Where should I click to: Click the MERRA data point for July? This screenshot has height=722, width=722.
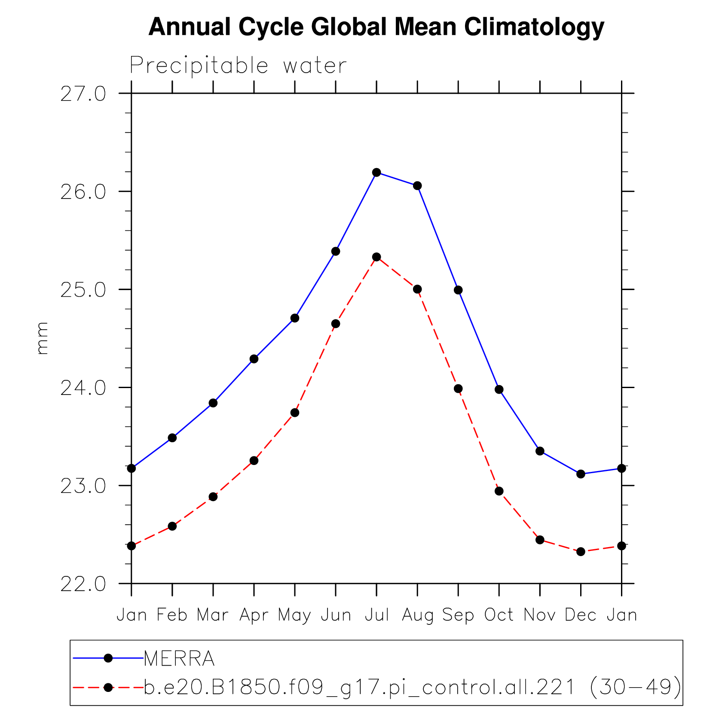[376, 172]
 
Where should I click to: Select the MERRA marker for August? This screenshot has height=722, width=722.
[417, 186]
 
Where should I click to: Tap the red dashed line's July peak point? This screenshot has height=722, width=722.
[376, 257]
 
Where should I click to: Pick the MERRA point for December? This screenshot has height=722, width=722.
[581, 474]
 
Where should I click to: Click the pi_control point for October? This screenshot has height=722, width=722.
[499, 491]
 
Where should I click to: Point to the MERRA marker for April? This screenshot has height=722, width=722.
[254, 359]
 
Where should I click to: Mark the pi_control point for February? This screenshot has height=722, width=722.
[172, 526]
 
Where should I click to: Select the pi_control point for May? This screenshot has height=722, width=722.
[295, 413]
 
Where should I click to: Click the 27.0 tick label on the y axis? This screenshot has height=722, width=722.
[83, 94]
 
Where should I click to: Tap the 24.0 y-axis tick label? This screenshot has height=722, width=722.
[83, 388]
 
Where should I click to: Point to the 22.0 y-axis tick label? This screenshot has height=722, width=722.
[83, 584]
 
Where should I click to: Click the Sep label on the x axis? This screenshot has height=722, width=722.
[458, 615]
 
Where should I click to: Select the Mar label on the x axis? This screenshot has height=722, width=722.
[213, 615]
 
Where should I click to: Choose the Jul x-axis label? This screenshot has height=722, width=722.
[377, 615]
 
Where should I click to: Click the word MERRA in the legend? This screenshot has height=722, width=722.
[179, 658]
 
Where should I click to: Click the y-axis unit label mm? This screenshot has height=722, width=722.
[42, 338]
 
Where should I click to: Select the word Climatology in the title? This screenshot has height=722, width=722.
[534, 27]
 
